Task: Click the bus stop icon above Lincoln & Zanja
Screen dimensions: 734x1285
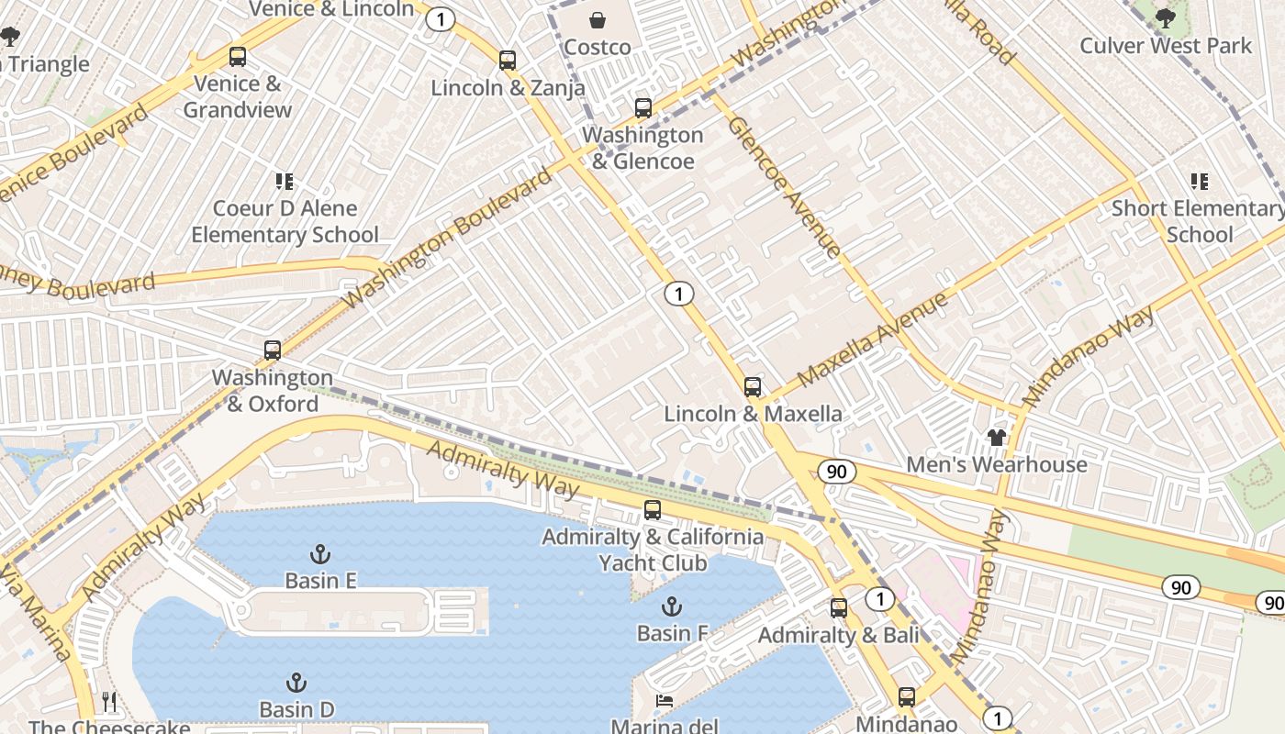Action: [x=508, y=61]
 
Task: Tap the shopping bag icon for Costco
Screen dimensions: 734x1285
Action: [x=598, y=19]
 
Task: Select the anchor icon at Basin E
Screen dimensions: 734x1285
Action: [x=319, y=553]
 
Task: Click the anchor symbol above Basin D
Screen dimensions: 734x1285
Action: [x=296, y=683]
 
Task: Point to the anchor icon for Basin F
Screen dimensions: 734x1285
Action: [x=672, y=606]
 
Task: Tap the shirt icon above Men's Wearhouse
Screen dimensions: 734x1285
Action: [x=997, y=437]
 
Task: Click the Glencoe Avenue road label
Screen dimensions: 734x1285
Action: [x=785, y=186]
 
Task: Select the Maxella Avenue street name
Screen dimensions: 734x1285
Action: [x=872, y=340]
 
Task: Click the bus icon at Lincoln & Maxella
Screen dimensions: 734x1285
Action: [x=753, y=387]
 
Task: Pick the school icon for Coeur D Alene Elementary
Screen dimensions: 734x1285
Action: [x=285, y=182]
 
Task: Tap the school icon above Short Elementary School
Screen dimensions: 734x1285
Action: [x=1199, y=182]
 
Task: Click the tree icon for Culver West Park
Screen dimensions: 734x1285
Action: [x=1165, y=17]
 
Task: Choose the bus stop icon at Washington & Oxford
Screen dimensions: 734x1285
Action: [x=273, y=350]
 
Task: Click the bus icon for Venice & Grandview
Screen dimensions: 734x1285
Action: [x=238, y=57]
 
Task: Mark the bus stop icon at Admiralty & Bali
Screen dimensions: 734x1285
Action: [x=839, y=607]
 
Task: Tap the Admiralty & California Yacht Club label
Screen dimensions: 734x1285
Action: [x=653, y=549]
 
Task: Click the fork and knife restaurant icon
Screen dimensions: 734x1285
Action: [x=109, y=702]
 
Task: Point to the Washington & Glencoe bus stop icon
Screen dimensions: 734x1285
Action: [x=643, y=108]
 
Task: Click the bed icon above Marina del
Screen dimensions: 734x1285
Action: [x=665, y=701]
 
